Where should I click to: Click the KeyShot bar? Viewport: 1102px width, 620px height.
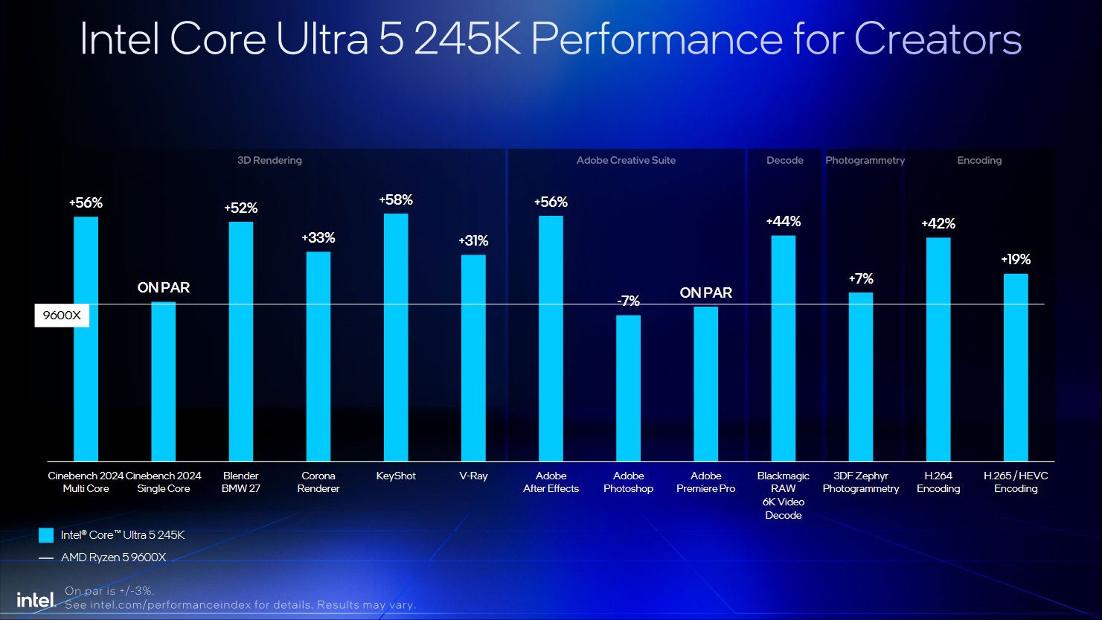pos(396,337)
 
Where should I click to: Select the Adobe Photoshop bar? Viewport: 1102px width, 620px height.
pos(628,388)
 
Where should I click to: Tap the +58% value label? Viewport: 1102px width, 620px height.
pos(396,199)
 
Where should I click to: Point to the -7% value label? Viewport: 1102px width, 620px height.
pos(628,301)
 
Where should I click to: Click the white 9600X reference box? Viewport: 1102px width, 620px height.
pos(62,315)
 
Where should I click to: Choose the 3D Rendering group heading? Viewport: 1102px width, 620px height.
pos(269,160)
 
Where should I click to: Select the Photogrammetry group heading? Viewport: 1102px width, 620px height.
pos(865,160)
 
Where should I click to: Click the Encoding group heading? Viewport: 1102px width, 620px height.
pos(979,160)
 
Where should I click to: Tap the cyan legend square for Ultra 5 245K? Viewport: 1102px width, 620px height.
pos(46,535)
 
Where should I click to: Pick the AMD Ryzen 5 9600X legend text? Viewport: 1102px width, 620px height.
pos(113,557)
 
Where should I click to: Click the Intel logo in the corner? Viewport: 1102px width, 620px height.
pos(36,600)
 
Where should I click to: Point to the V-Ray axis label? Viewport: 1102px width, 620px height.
pos(473,476)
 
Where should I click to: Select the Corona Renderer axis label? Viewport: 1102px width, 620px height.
pos(318,482)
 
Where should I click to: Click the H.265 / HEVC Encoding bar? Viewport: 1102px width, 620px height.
pos(1016,368)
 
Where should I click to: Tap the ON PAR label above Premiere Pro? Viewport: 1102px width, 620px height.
pos(706,293)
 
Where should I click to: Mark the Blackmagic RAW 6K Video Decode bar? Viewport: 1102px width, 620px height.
pos(784,348)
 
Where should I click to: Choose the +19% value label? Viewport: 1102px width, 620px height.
pos(1016,259)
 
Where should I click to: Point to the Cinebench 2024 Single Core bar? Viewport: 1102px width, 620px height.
pos(164,381)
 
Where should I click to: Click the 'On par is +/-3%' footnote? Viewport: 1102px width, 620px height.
pos(109,591)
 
